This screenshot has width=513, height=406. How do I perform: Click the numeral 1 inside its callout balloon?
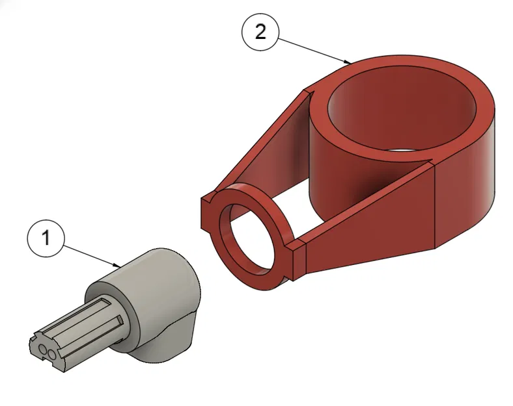tap(46, 237)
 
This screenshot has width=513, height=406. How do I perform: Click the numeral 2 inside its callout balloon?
tap(260, 32)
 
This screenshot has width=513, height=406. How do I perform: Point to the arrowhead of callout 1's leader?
tap(117, 265)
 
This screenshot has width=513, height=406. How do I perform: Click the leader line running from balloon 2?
tap(314, 50)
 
